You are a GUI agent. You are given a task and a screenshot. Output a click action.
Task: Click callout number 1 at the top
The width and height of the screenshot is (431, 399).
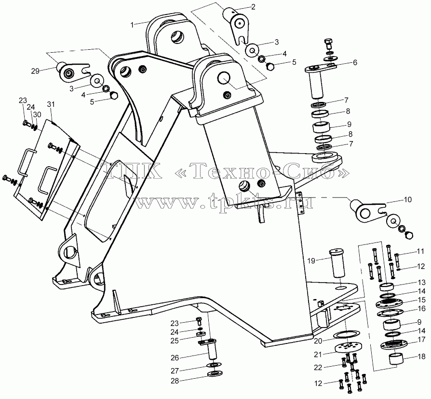(132, 25)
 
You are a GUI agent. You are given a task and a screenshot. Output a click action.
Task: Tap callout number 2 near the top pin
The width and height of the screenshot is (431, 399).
(253, 7)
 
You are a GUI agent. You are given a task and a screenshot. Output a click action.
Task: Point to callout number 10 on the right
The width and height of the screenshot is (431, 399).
(408, 199)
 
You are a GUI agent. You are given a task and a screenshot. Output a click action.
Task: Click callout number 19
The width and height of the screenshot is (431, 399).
(311, 260)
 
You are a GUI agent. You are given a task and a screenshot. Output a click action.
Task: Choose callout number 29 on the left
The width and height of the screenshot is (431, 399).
(35, 71)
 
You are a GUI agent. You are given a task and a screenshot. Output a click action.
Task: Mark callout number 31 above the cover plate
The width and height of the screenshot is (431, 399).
(51, 104)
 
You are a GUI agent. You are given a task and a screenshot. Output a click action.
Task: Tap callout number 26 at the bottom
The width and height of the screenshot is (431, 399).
(175, 357)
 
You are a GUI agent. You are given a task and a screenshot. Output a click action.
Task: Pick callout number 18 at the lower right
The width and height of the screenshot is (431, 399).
(421, 356)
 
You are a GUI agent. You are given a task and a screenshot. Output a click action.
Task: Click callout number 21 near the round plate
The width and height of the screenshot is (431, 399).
(318, 355)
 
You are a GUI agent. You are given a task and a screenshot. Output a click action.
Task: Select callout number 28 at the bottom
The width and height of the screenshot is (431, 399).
(175, 381)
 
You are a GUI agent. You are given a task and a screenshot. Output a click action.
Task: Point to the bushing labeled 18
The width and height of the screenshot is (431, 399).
(396, 359)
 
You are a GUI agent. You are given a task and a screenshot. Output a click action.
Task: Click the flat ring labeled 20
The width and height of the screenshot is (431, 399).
(346, 334)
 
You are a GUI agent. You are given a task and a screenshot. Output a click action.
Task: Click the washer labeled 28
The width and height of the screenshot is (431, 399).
(215, 374)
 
